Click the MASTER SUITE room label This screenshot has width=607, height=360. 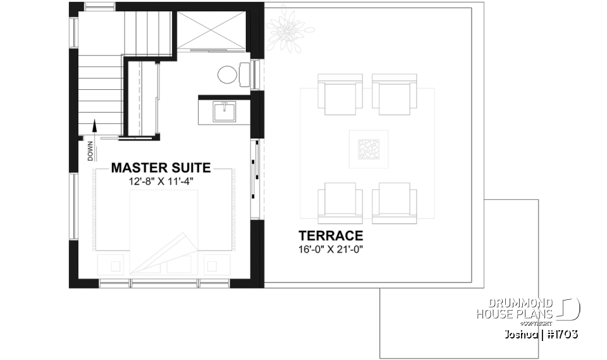coord(161,168)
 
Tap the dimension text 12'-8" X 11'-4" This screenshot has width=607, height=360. coord(161,181)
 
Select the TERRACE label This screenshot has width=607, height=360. coord(332,236)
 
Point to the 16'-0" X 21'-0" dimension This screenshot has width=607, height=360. coord(332,249)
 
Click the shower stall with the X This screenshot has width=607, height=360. coord(210,30)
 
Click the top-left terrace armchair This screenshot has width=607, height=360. coord(340,94)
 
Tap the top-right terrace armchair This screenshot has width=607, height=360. coord(395,94)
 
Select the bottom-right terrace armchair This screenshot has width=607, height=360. coord(395,202)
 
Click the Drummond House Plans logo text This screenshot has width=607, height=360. coord(516,309)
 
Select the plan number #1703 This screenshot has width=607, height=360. coord(561,333)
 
